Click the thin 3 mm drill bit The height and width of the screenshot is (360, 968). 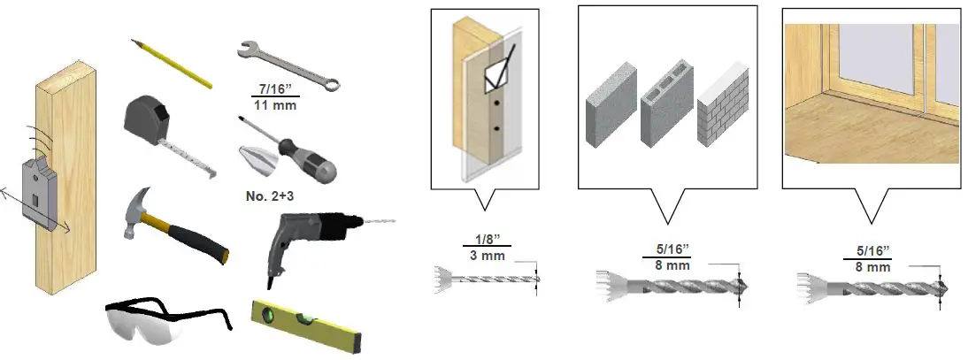[x=487, y=277]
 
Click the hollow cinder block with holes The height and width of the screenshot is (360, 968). [x=665, y=103]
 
